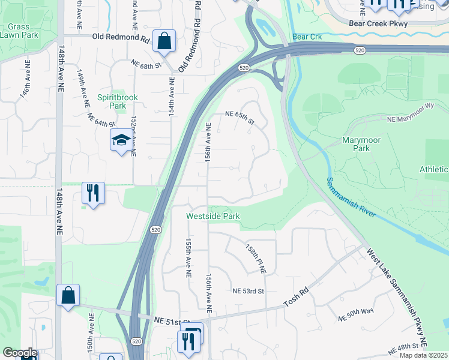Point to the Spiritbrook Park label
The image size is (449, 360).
[112, 101]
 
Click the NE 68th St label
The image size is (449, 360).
[147, 64]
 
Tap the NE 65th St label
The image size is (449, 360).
[240, 116]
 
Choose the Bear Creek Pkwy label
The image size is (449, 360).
[378, 24]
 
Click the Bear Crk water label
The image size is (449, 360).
[308, 37]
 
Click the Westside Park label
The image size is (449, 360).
[212, 215]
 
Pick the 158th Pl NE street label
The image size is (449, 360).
[255, 259]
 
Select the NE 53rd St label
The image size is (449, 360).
[249, 291]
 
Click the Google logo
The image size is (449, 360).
[20, 353]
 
